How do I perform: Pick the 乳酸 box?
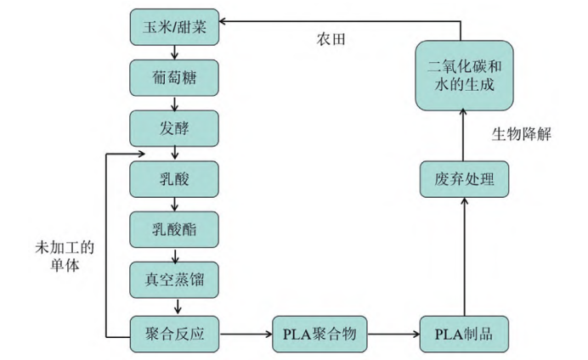pyautogui.click(x=174, y=179)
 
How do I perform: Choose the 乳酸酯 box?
pyautogui.click(x=174, y=228)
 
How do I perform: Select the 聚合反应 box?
pyautogui.click(x=174, y=332)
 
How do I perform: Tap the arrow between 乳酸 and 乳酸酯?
pyautogui.click(x=174, y=204)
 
